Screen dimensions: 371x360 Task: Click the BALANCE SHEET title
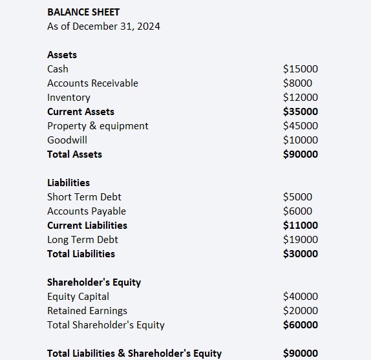coord(83,12)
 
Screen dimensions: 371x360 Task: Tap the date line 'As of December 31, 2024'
coord(103,26)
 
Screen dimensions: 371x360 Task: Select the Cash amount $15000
coord(301,69)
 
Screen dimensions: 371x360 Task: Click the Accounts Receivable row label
coord(92,83)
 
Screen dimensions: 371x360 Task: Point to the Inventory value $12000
coord(301,98)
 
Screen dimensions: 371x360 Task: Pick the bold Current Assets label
coord(81,112)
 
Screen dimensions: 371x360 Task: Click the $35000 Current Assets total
coord(301,112)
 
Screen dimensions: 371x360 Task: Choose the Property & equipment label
coord(98,126)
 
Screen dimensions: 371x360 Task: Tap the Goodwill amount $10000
coord(301,140)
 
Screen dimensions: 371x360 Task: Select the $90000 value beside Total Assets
coord(301,154)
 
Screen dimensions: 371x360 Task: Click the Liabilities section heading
coord(69,183)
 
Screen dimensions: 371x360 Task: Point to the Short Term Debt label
coord(84,197)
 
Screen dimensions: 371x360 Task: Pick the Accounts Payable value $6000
coord(297,211)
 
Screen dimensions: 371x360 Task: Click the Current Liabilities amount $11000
coord(301,226)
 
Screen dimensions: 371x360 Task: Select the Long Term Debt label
coord(83,240)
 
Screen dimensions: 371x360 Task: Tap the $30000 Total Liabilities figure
coord(301,254)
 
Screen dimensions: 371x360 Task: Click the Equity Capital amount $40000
coord(301,297)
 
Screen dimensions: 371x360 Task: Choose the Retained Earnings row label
coord(87,311)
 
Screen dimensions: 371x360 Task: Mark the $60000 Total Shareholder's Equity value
coord(301,325)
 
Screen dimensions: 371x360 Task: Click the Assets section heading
coord(62,55)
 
